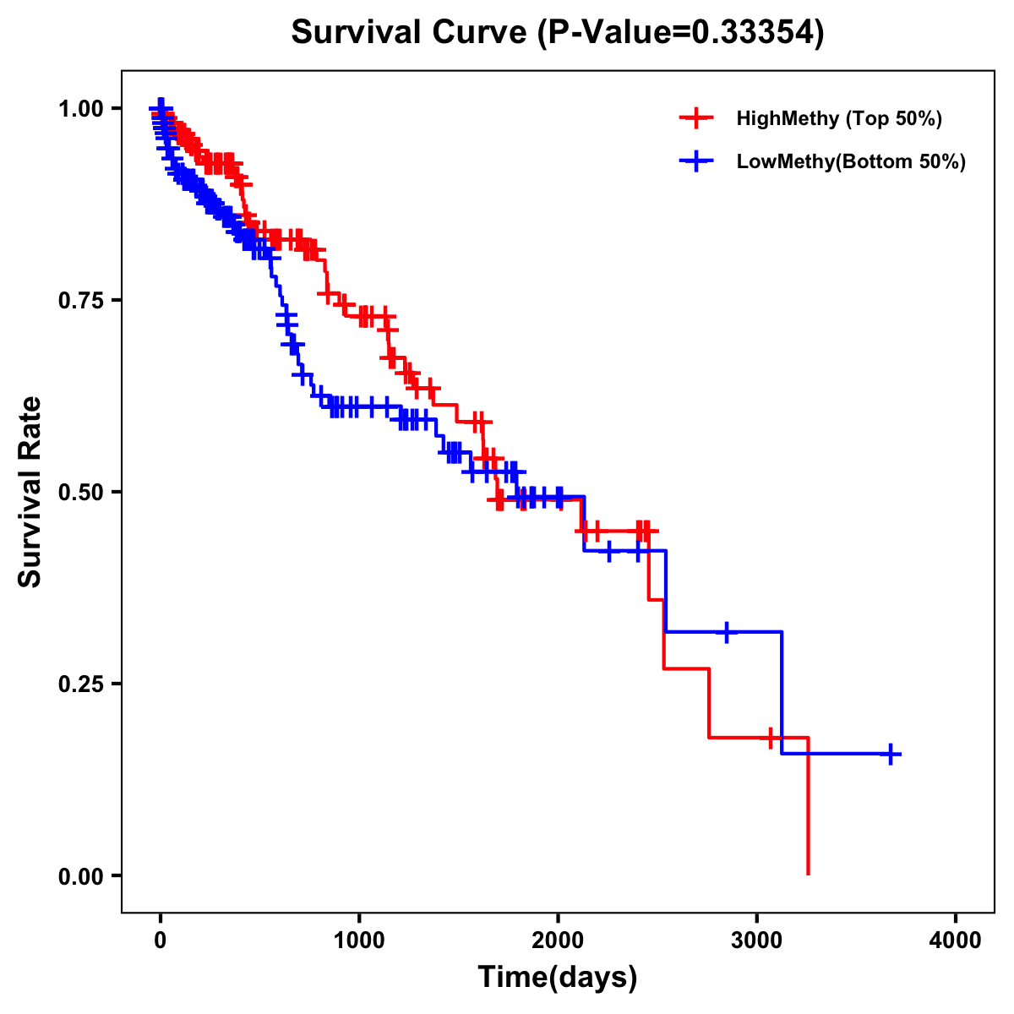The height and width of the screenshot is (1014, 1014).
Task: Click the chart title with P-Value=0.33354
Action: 558,32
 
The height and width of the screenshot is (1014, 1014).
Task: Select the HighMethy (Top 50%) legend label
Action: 839,118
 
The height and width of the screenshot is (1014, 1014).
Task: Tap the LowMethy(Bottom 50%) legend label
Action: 851,161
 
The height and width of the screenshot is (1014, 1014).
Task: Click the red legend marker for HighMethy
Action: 696,118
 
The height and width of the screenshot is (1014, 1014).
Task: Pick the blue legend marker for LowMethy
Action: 696,161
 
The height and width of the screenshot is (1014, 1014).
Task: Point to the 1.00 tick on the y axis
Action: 81,109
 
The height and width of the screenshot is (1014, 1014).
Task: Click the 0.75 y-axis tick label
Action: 81,301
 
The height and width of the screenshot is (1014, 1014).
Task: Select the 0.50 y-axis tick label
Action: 81,493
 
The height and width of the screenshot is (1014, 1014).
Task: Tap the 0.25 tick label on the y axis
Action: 81,684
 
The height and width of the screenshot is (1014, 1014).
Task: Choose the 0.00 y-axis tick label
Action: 81,876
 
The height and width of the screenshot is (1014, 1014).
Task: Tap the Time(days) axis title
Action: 558,978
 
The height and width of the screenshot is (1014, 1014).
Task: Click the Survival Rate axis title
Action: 30,492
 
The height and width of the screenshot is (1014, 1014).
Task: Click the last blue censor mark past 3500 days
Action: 891,754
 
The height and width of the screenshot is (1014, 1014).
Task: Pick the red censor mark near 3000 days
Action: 770,738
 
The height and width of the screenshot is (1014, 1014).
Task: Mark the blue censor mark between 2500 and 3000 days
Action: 726,632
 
